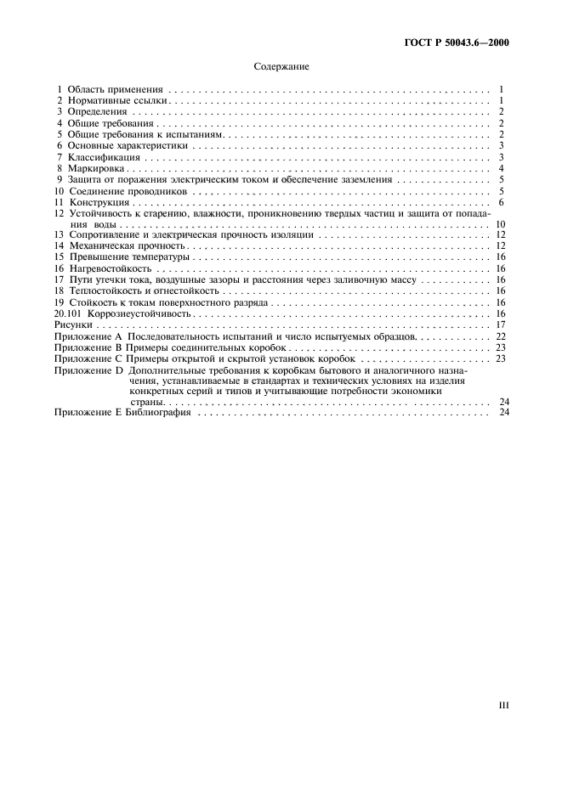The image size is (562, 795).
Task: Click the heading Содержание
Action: tap(281, 65)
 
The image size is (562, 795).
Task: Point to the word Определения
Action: tap(97, 111)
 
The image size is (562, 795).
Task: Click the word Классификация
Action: tap(103, 157)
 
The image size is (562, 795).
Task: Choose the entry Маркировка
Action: tap(96, 168)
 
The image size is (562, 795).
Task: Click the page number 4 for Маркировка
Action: tap(503, 168)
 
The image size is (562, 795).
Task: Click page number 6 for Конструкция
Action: tap(503, 203)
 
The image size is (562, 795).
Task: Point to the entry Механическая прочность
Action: tap(126, 245)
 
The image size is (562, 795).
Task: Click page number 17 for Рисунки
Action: tap(502, 325)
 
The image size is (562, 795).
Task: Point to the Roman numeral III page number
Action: tap(502, 704)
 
